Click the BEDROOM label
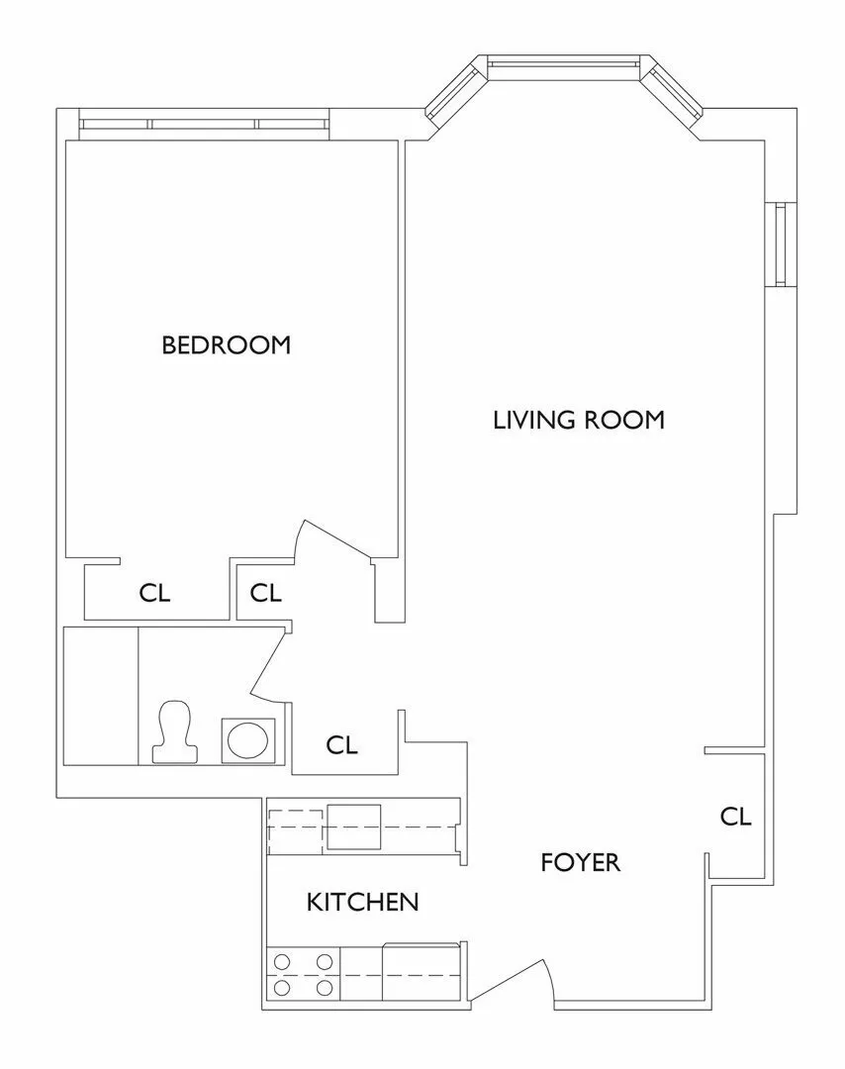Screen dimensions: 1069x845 [226, 344]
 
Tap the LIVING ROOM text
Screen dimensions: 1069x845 [578, 420]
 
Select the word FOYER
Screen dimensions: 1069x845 [580, 862]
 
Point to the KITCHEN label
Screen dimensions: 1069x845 [362, 902]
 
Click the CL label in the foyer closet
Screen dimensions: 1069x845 [735, 817]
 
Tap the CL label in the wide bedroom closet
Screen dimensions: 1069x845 [154, 593]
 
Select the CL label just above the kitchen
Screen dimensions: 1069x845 [341, 744]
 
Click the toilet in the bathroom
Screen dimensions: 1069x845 [173, 732]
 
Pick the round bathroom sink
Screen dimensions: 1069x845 [245, 740]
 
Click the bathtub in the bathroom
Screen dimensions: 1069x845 [100, 695]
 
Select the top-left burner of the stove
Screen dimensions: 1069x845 [282, 959]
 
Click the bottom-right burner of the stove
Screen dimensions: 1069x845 [324, 987]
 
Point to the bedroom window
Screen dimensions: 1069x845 [203, 124]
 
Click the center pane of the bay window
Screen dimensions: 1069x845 [563, 66]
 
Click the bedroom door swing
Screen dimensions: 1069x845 [336, 544]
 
